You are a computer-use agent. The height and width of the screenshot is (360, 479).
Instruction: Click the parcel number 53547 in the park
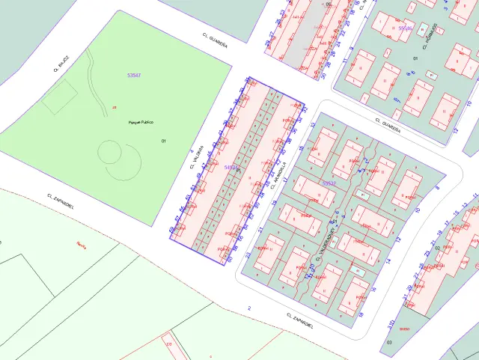tap(135, 76)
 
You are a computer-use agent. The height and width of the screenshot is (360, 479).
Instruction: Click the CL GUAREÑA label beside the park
tap(214, 38)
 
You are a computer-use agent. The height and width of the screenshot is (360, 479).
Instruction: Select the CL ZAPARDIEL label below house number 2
tap(299, 321)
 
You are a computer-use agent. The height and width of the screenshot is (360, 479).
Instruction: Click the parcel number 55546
tap(405, 28)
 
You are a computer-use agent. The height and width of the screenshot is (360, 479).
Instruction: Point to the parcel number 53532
tap(329, 183)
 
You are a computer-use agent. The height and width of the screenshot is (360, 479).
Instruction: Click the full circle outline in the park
tap(111, 153)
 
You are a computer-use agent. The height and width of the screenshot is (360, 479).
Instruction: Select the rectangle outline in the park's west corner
tap(59, 97)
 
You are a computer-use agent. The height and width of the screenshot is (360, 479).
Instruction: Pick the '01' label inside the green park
tap(163, 141)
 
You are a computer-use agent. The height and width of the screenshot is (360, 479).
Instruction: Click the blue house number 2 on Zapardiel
tap(248, 308)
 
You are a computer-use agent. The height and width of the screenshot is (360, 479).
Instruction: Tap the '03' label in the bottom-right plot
tap(389, 341)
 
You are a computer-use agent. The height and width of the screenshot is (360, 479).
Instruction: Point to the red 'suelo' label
tap(404, 328)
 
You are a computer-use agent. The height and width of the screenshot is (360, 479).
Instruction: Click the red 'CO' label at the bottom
tap(168, 344)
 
